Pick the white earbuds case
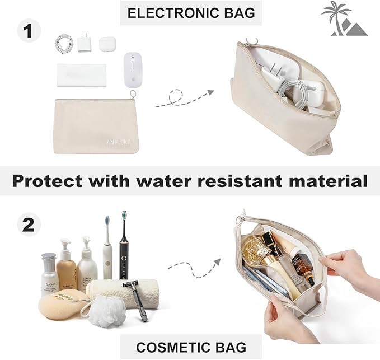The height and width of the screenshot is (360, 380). pyautogui.click(x=107, y=44)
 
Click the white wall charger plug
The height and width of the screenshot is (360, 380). pyautogui.click(x=85, y=43)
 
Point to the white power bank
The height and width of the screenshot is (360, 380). pyautogui.click(x=81, y=74)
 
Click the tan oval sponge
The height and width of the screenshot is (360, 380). pyautogui.click(x=59, y=307)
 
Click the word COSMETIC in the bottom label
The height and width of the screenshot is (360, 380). pyautogui.click(x=164, y=347)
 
